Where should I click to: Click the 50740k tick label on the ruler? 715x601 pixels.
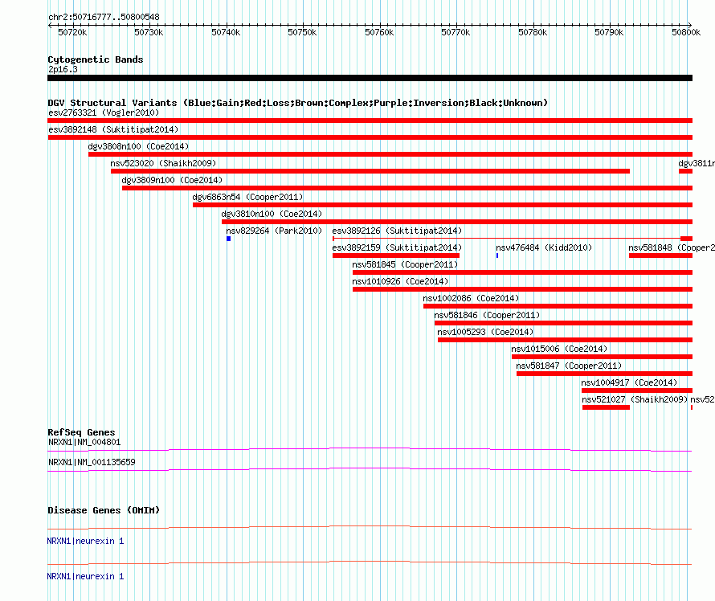coord(226,32)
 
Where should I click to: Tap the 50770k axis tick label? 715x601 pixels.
coord(456,32)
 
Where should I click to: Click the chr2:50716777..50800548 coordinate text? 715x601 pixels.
coord(104,18)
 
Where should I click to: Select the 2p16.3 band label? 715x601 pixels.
coord(63,69)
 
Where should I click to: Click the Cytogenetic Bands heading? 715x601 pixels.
coord(96,59)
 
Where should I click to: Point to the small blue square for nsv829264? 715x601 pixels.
coord(228,239)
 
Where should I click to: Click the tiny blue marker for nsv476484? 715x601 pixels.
coord(497,256)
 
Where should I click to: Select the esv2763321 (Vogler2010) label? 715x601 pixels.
coord(104,112)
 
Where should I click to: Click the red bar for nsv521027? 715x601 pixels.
coord(606,407)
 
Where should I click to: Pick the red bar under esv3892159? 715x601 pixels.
coord(396,256)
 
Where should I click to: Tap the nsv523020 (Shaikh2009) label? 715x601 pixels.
coord(163,163)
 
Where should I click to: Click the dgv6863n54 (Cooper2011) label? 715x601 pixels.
coord(247,197)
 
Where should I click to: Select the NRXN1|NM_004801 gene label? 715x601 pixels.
coord(84,442)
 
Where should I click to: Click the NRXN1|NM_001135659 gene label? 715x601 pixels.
coord(92,462)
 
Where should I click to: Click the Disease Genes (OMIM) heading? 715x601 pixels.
coord(104,510)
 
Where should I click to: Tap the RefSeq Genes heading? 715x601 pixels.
coord(81,432)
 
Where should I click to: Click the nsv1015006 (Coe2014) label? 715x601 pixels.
coord(559,349)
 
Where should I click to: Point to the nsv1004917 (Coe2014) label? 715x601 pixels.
coord(629,382)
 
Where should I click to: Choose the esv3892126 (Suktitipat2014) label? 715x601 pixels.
coord(397,231)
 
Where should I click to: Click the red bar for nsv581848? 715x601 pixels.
coord(660,256)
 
